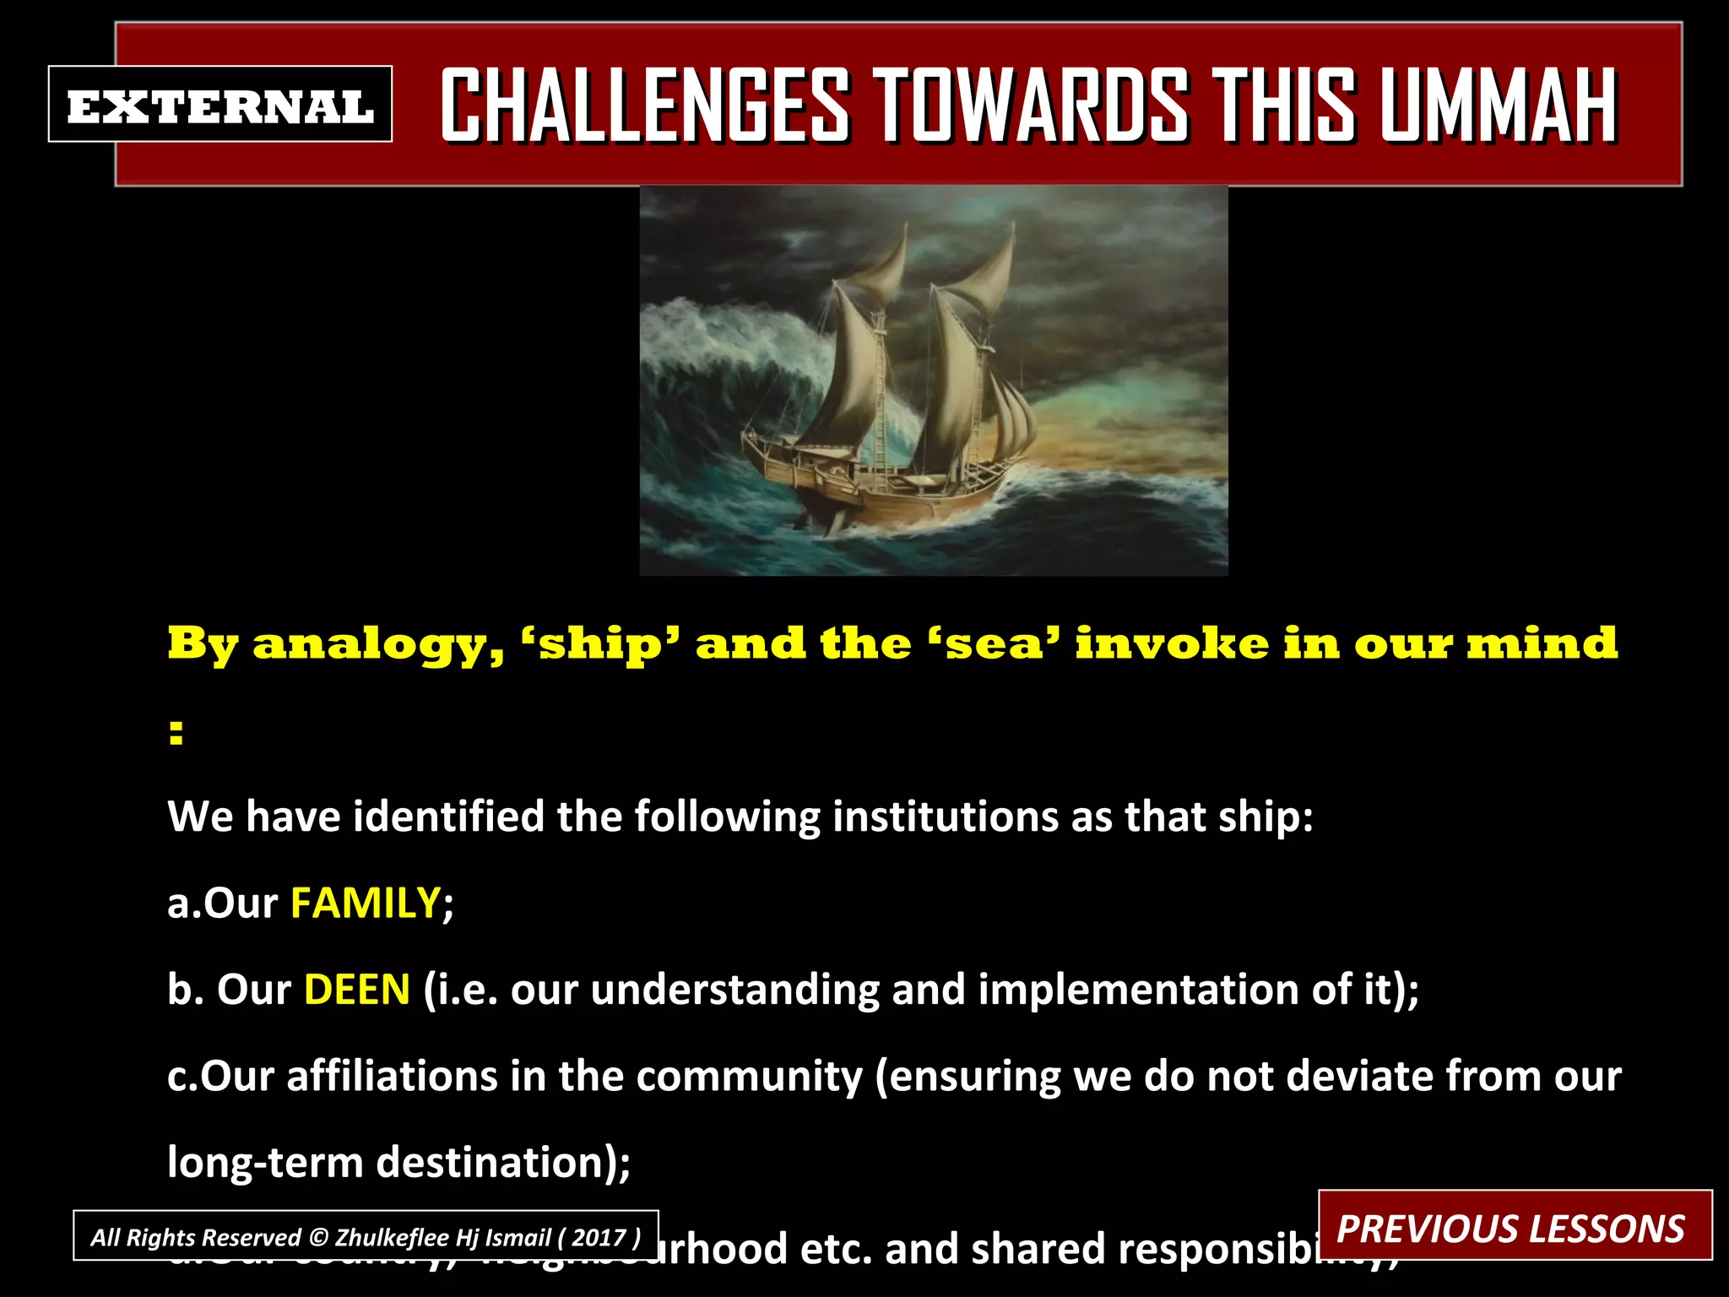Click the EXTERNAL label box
(x=220, y=105)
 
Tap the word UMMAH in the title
(x=1499, y=106)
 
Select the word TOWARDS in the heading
(x=1030, y=106)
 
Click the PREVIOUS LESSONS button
(x=1514, y=1227)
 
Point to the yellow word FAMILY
(x=366, y=903)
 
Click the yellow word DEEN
(x=357, y=990)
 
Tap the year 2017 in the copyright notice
(x=599, y=1237)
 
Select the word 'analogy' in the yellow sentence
(x=378, y=646)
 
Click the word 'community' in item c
(x=750, y=1076)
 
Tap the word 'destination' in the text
(x=496, y=1163)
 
